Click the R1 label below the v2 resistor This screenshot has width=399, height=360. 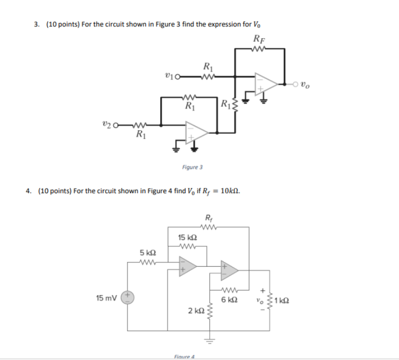pyautogui.click(x=140, y=135)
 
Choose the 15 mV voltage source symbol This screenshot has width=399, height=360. pyautogui.click(x=127, y=297)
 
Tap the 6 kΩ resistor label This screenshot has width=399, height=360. pyautogui.click(x=229, y=300)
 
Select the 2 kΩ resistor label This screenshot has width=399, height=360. pyautogui.click(x=196, y=311)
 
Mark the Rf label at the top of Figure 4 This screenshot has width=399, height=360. pyautogui.click(x=209, y=217)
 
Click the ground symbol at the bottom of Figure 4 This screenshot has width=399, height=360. pyautogui.click(x=210, y=339)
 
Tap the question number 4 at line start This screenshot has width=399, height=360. pyautogui.click(x=28, y=191)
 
